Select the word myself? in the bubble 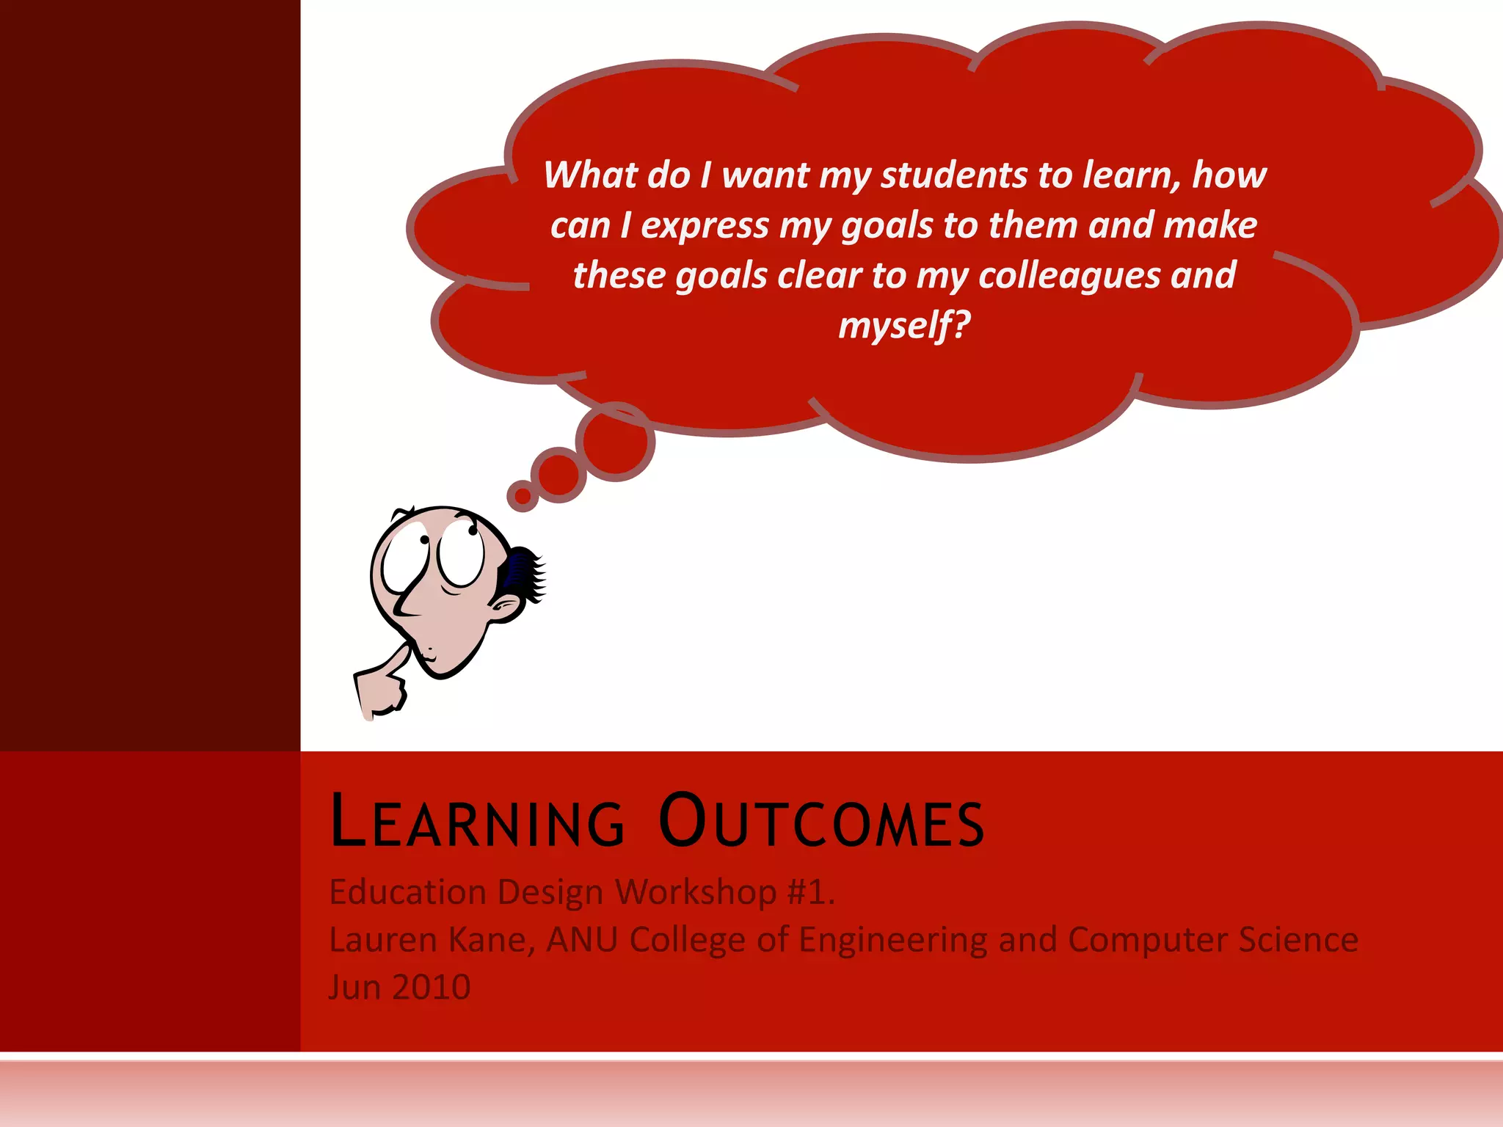[x=904, y=325]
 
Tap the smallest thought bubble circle [x=523, y=496]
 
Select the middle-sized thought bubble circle [x=559, y=474]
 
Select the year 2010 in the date [x=431, y=988]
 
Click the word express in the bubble [x=704, y=226]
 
